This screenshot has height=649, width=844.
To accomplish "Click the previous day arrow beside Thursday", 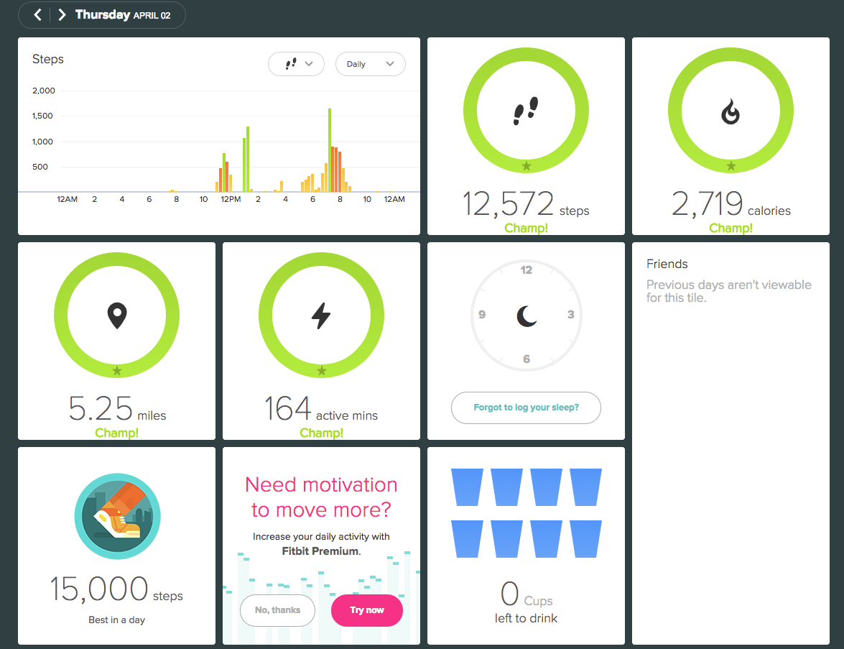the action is pyautogui.click(x=37, y=14).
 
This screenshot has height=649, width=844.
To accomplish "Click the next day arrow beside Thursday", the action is pyautogui.click(x=62, y=14).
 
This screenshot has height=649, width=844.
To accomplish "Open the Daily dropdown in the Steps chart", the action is pyautogui.click(x=371, y=64).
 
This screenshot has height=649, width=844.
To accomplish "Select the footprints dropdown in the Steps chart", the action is pyautogui.click(x=296, y=64).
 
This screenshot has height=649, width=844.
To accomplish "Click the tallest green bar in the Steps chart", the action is pyautogui.click(x=330, y=150).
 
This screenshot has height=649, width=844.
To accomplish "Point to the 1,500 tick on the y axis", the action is pyautogui.click(x=42, y=116).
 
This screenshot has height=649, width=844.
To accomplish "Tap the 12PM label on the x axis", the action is pyautogui.click(x=231, y=199).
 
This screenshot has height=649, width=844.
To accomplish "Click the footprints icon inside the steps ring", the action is pyautogui.click(x=526, y=111).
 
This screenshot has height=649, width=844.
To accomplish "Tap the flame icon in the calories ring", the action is pyautogui.click(x=731, y=111).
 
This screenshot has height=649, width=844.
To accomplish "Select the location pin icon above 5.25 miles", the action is pyautogui.click(x=117, y=316).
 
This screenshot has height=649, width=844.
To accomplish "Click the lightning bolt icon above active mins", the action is pyautogui.click(x=321, y=316).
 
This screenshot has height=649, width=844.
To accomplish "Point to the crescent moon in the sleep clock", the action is pyautogui.click(x=527, y=316).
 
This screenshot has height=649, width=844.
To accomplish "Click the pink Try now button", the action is pyautogui.click(x=367, y=610).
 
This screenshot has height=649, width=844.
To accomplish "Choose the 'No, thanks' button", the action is pyautogui.click(x=278, y=610).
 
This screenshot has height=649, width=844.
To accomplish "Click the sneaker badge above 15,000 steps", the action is pyautogui.click(x=117, y=516).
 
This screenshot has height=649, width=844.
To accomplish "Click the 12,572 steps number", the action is pyautogui.click(x=508, y=203).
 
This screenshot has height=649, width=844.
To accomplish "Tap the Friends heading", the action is pyautogui.click(x=667, y=264).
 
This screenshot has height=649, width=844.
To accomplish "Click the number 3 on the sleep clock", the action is pyautogui.click(x=570, y=315).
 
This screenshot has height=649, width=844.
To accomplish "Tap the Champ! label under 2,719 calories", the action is pyautogui.click(x=731, y=228).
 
